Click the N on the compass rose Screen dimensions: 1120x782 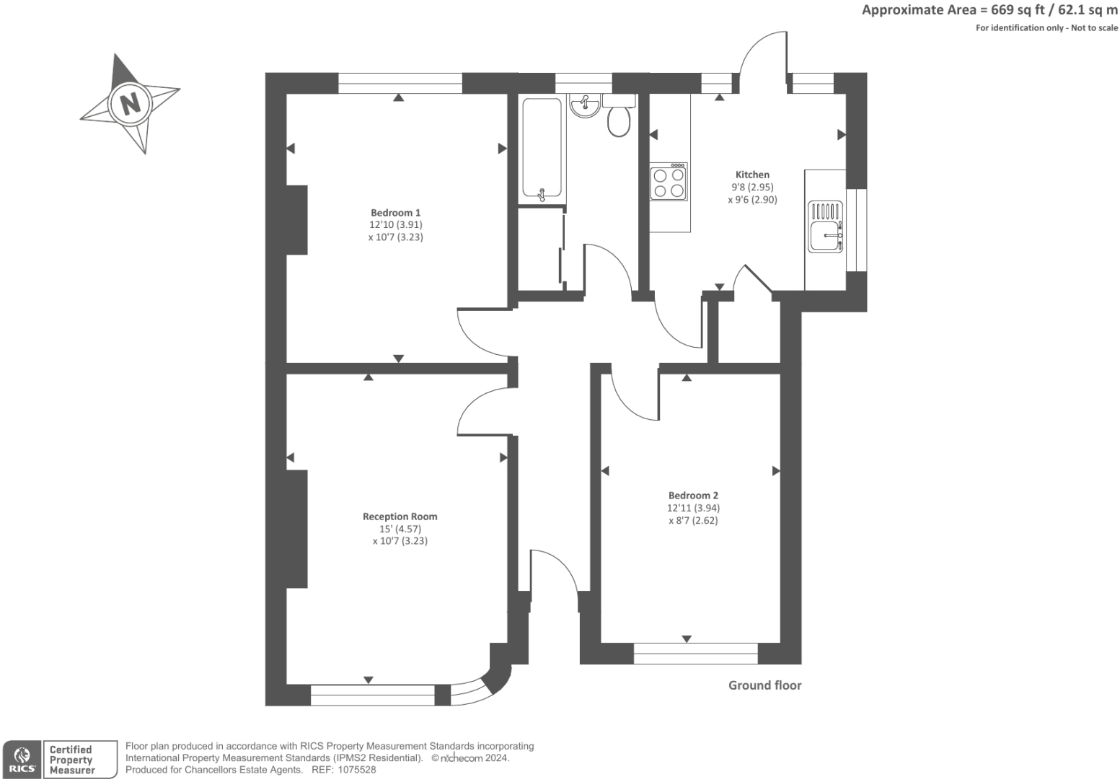point(131,104)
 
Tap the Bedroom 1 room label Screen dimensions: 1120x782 point(395,213)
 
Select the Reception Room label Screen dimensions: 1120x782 point(400,517)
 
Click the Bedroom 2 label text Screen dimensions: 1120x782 point(693,496)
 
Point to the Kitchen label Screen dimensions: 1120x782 point(752,175)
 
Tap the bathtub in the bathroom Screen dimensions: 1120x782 point(542,149)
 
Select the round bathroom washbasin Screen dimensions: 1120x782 point(584,106)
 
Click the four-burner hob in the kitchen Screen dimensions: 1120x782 point(669,182)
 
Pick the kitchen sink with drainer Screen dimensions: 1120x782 point(826,227)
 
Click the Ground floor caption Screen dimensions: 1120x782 point(764,685)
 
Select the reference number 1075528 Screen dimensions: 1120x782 point(356,770)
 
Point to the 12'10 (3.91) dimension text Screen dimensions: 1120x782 point(395,225)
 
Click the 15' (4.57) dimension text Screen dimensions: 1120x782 point(400,529)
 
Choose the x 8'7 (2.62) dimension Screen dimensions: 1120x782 point(693,521)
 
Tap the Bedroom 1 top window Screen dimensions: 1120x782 point(400,83)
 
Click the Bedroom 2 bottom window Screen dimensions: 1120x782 point(695,654)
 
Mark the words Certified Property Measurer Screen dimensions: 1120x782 point(71,760)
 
